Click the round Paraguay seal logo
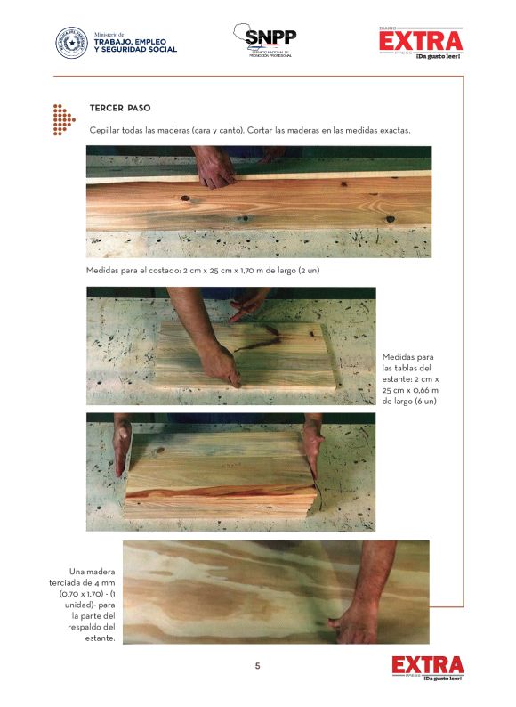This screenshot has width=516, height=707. pos(72,44)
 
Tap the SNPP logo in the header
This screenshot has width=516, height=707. pos(265,40)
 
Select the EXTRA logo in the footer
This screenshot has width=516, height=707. pos(428,668)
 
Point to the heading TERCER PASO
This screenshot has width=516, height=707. pos(120,109)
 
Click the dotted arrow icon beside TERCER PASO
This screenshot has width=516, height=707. pos(63,120)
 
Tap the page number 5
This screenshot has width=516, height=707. pos(257,666)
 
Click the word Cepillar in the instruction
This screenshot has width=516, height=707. pos(104,131)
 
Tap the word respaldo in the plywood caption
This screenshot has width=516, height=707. pos(85,627)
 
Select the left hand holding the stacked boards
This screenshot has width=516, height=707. pos(122,446)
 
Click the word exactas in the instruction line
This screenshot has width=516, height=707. pos(395,131)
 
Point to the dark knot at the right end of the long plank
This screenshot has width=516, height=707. pos(391,219)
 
